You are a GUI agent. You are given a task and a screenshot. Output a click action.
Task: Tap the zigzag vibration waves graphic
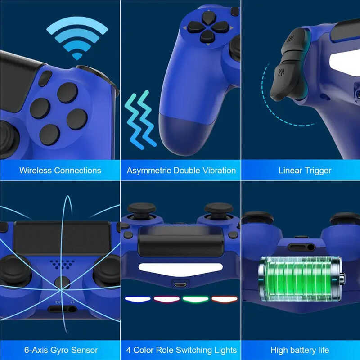click(139, 119)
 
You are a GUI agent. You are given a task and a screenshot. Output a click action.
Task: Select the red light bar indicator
click(166, 299)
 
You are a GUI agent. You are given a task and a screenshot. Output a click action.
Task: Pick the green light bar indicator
click(195, 299)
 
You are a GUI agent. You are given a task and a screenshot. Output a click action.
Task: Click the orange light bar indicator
click(224, 299)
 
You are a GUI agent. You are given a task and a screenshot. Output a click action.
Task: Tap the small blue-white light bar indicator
click(137, 299)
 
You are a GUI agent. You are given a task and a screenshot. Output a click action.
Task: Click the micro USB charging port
click(180, 285)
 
